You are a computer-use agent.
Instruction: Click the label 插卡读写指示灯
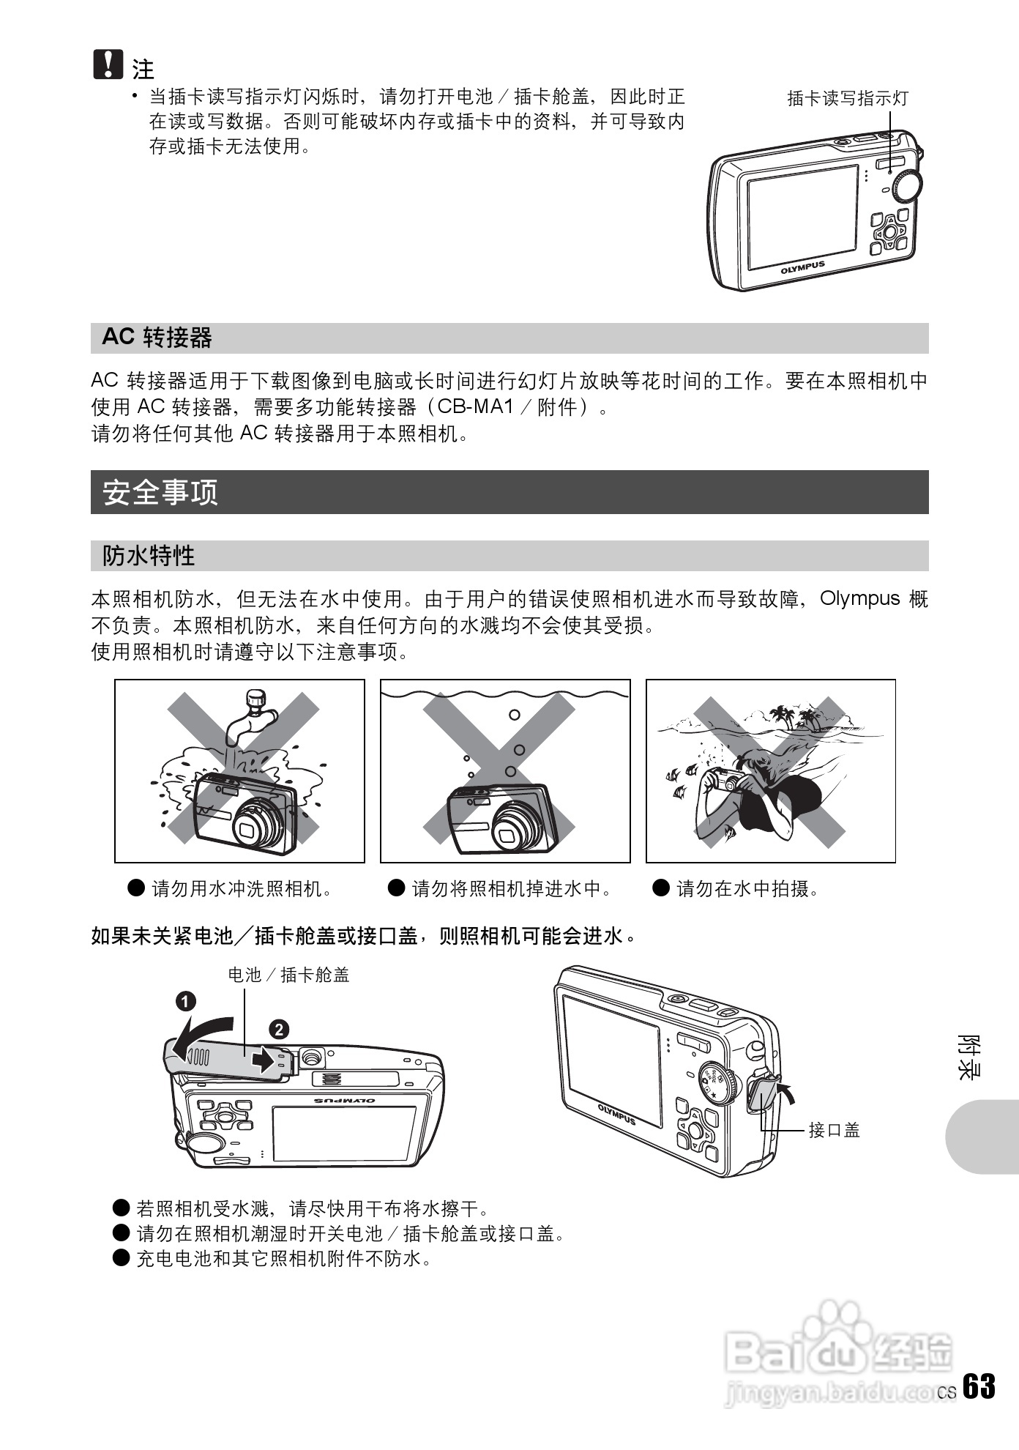click(847, 98)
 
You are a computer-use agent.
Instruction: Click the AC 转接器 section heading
click(157, 338)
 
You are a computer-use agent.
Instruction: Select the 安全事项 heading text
click(160, 492)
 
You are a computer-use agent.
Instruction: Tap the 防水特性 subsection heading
click(149, 556)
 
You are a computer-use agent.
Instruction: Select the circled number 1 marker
click(185, 1001)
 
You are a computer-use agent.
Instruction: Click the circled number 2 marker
click(279, 1030)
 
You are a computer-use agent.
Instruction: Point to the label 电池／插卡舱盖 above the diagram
click(288, 975)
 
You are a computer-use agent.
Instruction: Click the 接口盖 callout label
click(834, 1130)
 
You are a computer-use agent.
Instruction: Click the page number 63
click(979, 1386)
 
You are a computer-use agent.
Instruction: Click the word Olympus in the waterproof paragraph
click(859, 598)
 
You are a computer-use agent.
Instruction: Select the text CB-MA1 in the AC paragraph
click(476, 406)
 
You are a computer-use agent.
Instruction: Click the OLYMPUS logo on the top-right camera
click(802, 267)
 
